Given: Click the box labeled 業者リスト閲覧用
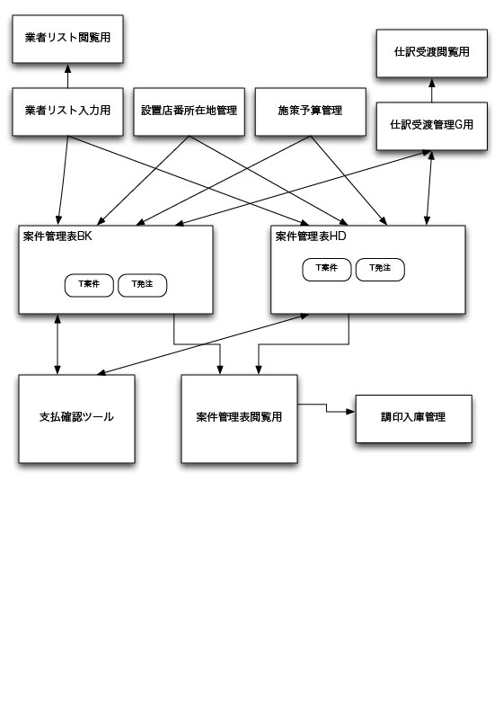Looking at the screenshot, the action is tap(67, 39).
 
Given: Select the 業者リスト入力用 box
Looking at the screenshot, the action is tap(67, 111).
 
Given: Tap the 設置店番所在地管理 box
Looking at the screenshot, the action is tap(189, 111).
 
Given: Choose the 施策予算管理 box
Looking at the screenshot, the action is tap(311, 111).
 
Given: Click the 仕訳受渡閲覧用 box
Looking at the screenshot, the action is tap(432, 53).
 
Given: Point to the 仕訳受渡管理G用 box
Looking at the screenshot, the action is tap(432, 126).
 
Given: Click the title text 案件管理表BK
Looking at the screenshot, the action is tap(57, 236).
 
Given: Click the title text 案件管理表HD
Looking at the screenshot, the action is tap(311, 236).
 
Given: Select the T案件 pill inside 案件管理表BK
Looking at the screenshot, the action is tap(89, 286).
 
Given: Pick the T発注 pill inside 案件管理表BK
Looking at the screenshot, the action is tap(142, 286).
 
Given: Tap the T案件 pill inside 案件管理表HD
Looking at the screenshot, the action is tap(327, 270).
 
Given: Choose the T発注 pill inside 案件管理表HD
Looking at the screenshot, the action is tap(380, 270).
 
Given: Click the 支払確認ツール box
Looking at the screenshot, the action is tap(76, 419).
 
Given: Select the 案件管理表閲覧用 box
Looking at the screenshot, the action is tap(239, 419).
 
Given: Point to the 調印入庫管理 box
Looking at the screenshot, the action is tap(414, 419).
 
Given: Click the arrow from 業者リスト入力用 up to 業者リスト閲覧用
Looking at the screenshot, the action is tap(67, 76).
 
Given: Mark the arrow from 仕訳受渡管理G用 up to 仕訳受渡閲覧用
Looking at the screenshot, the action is tap(432, 90).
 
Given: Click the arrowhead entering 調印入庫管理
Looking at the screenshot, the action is tap(351, 411).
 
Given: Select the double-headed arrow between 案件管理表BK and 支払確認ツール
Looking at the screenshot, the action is tap(57, 344).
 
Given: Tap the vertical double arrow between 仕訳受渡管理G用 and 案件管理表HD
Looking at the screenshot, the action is tap(429, 188).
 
